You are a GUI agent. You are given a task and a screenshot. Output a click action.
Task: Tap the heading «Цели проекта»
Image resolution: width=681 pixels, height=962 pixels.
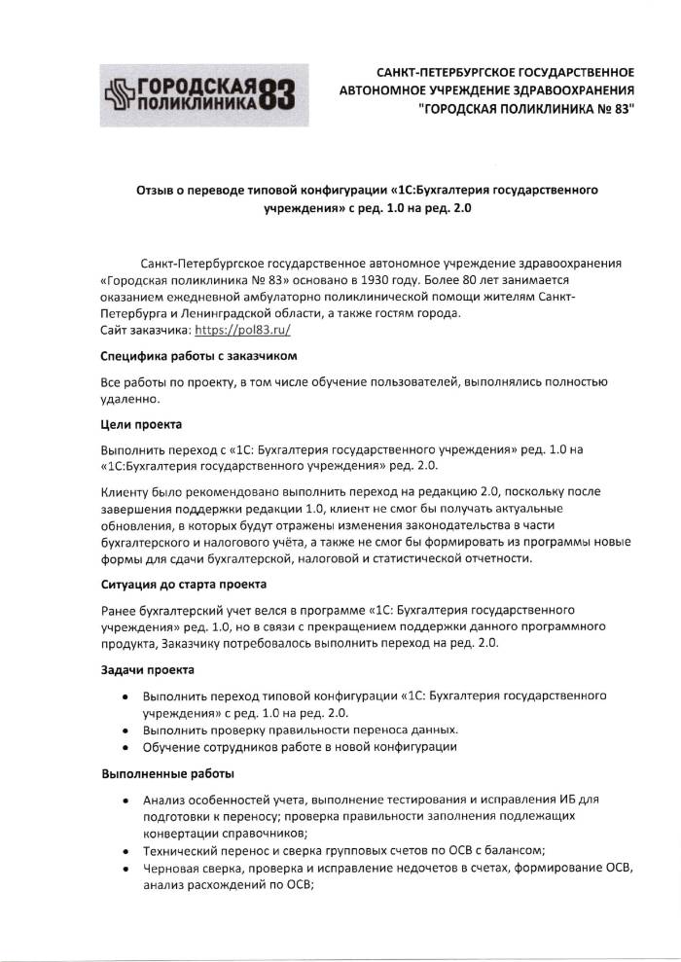tap(141, 424)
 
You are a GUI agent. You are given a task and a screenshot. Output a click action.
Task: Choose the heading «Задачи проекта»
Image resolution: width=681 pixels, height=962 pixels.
tap(148, 670)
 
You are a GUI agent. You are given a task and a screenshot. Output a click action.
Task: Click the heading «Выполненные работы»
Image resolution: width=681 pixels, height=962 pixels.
tap(167, 774)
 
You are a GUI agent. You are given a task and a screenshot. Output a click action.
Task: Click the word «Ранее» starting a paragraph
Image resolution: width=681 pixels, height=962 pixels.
tap(119, 610)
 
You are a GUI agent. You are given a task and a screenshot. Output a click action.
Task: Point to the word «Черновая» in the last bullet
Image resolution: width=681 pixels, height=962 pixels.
tap(168, 867)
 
